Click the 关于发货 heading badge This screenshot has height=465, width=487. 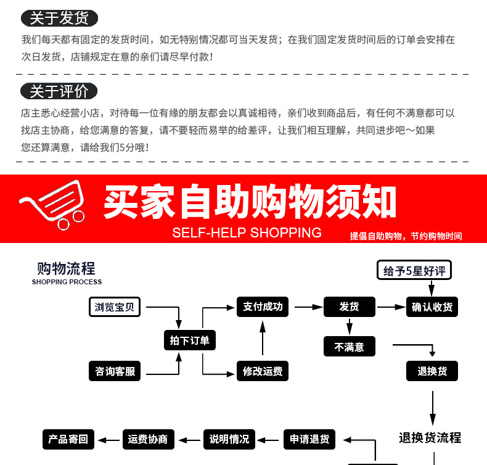click(59, 18)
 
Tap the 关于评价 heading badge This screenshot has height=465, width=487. click(59, 91)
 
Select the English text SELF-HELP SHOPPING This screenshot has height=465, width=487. click(247, 232)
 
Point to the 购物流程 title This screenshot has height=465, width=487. click(66, 268)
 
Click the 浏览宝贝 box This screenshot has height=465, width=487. click(115, 307)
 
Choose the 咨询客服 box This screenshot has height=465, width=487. click(115, 371)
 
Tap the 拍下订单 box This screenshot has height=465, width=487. click(190, 340)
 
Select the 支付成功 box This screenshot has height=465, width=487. click(263, 307)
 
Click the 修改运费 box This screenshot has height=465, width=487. click(263, 371)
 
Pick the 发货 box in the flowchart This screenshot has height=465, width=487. click(350, 307)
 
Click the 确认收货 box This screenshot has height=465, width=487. click(432, 307)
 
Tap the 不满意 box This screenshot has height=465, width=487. click(350, 347)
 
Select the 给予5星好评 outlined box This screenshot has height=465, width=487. click(414, 270)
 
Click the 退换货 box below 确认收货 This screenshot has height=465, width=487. click(432, 371)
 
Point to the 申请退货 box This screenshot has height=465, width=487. click(309, 439)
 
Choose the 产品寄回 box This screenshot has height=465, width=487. click(68, 439)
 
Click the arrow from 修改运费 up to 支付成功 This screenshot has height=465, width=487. click(263, 338)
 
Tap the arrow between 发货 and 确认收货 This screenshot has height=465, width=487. click(391, 307)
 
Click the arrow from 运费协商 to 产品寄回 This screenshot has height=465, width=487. click(108, 440)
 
